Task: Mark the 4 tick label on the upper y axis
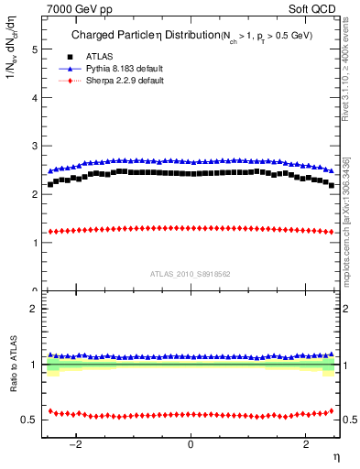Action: (x=36, y=97)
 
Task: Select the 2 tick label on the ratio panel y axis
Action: (x=36, y=309)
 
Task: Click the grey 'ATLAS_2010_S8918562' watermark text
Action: (x=191, y=273)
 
